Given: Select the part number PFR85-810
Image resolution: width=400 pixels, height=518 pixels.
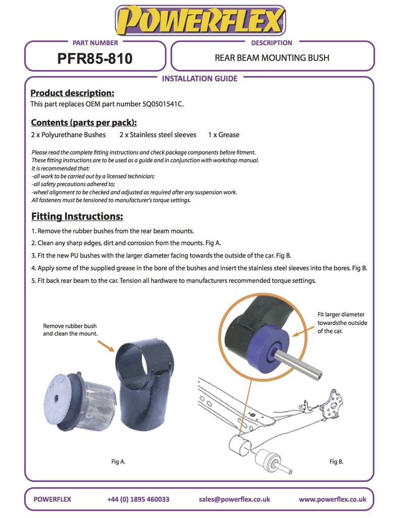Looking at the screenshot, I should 95,59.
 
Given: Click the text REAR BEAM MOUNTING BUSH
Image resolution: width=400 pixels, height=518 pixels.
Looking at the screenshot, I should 272,58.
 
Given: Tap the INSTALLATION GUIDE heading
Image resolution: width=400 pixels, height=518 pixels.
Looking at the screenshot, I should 199,78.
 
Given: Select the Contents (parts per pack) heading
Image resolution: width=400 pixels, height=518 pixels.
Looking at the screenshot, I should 84,122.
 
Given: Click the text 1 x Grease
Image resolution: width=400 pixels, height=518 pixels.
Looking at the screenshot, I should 224,135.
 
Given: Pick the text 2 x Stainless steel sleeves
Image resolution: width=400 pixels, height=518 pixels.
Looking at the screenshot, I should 158,135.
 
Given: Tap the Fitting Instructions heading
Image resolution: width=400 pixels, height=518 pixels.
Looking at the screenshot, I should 77,217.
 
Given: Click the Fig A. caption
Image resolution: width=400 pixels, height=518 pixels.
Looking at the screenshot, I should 118,461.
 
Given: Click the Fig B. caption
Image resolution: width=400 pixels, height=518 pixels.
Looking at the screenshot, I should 336,461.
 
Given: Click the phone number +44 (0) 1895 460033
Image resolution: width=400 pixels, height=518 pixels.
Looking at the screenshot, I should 138,499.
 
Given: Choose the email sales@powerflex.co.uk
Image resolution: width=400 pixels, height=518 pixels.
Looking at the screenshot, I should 235,499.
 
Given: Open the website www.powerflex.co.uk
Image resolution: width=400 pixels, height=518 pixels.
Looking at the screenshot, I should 332,499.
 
